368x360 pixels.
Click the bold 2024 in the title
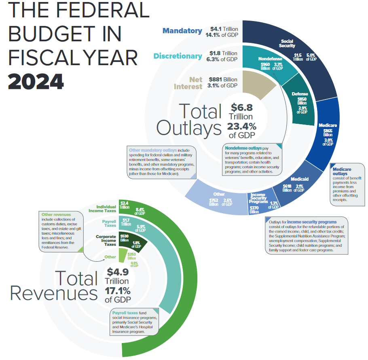click(x=36, y=81)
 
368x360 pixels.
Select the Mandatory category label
click(x=182, y=31)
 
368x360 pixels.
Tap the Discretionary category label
click(x=178, y=56)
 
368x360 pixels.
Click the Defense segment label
click(x=300, y=94)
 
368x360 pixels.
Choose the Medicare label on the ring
click(x=328, y=125)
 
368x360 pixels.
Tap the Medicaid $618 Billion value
click(x=287, y=188)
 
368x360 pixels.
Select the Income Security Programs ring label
click(x=259, y=198)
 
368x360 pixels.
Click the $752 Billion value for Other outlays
click(x=214, y=202)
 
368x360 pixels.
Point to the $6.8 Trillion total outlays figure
click(x=242, y=108)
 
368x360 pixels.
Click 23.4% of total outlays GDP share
click(x=241, y=126)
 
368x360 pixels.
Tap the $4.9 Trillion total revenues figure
click(x=118, y=272)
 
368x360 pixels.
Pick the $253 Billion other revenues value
click(x=132, y=256)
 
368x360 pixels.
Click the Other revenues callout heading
click(x=56, y=214)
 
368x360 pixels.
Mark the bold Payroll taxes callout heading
click(x=125, y=313)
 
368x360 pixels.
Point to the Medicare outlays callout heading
click(x=342, y=172)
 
